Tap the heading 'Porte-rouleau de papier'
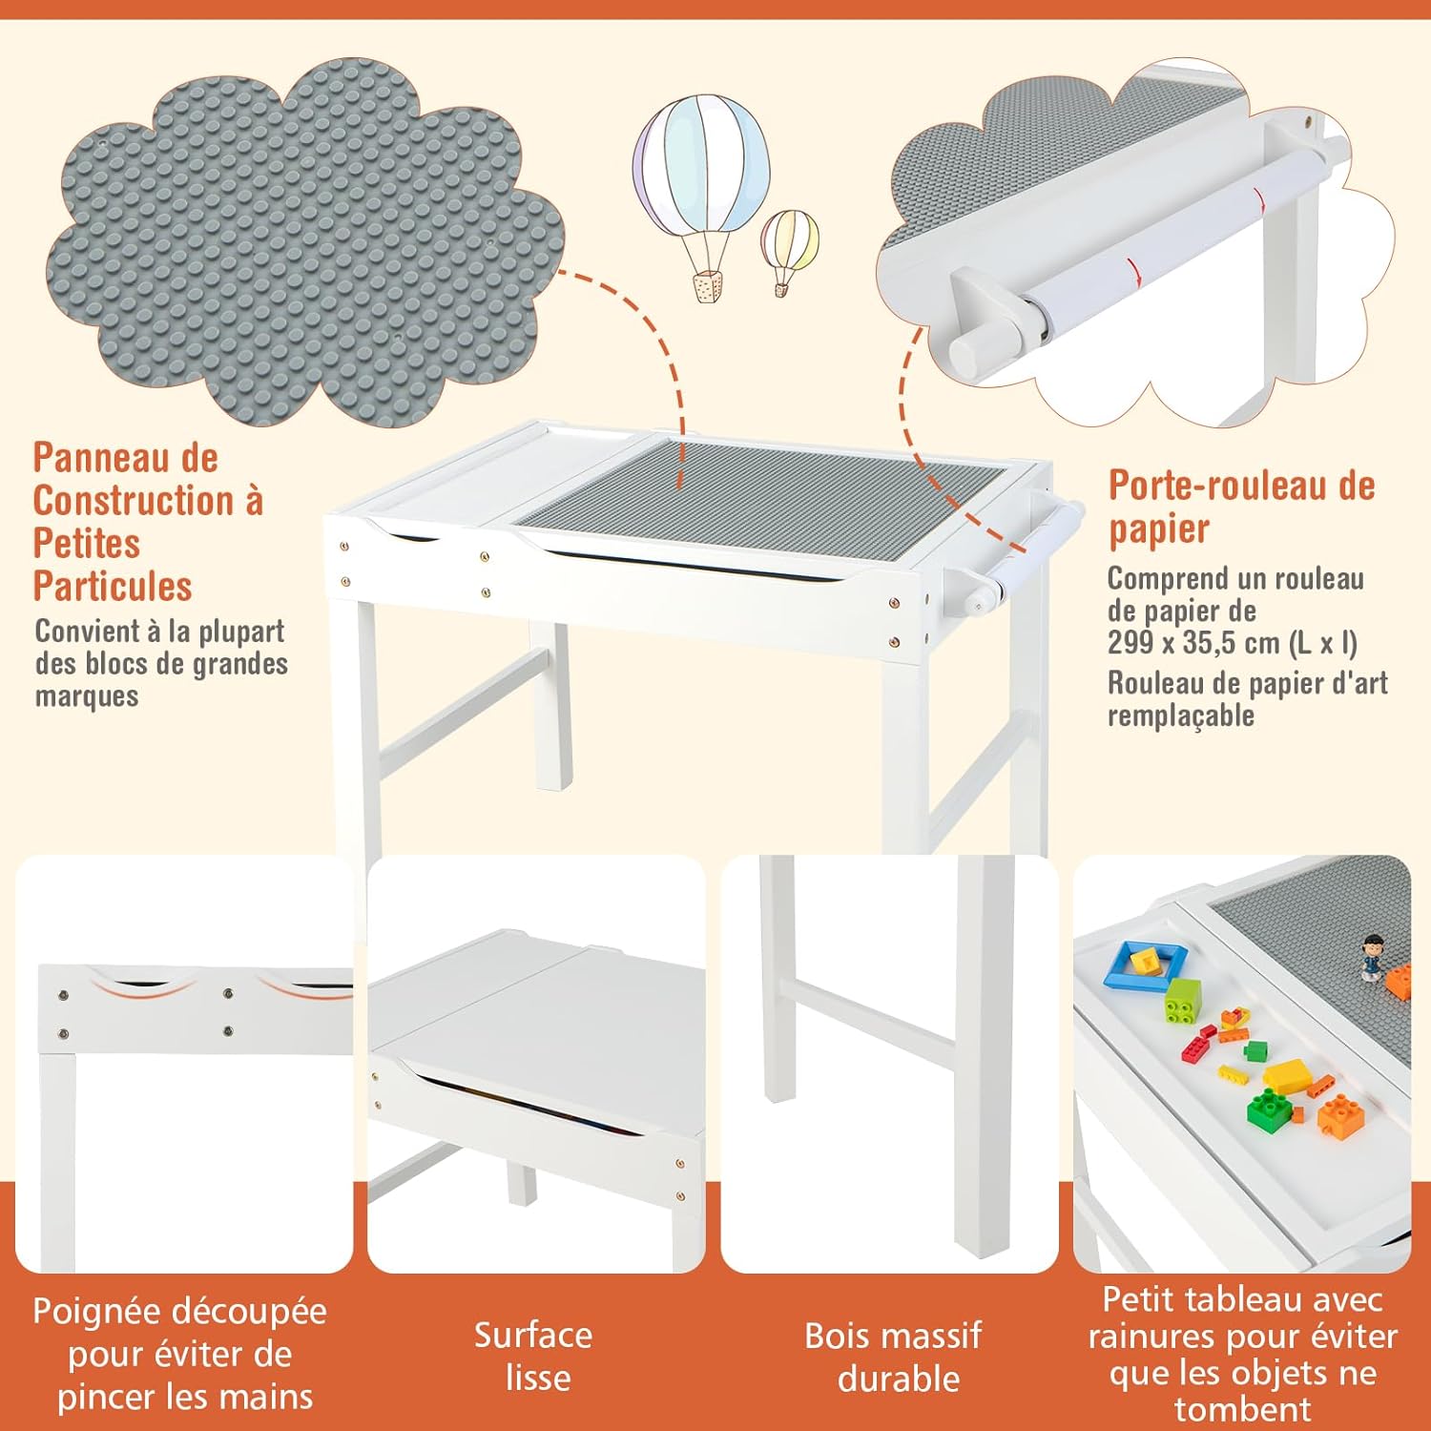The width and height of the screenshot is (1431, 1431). coord(1240,507)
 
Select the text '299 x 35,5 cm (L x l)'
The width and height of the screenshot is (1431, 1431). coord(1232,643)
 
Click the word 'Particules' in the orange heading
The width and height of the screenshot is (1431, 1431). coord(113,586)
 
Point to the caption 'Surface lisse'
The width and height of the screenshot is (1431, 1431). coord(534,1356)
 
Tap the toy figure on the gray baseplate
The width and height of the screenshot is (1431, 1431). coord(1372,957)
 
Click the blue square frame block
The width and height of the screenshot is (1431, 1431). coord(1146,964)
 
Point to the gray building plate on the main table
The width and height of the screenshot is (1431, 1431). coord(763,496)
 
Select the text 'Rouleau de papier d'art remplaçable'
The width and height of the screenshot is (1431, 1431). coord(1246,698)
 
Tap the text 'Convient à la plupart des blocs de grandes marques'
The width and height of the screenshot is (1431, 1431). coord(161,663)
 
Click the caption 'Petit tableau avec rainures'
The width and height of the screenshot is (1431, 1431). coord(1242,1317)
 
